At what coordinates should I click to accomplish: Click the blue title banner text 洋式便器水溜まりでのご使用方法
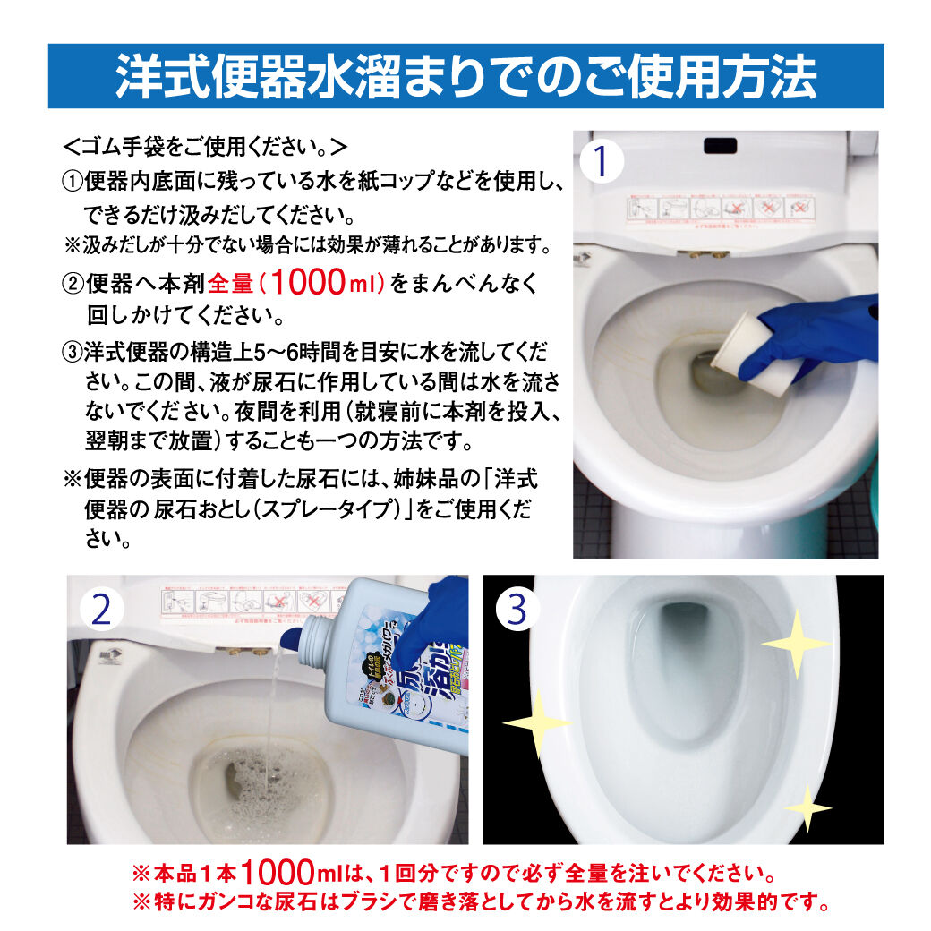(x=465, y=77)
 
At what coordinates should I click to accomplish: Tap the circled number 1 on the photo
(x=602, y=162)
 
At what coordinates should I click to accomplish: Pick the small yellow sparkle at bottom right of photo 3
(x=807, y=808)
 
